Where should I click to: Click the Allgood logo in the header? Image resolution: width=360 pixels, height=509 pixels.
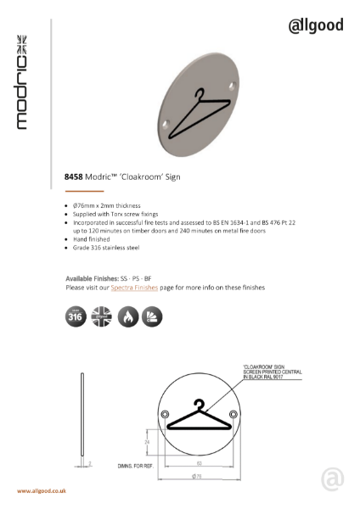tap(315, 25)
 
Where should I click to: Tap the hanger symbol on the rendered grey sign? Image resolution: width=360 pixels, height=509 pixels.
tap(200, 114)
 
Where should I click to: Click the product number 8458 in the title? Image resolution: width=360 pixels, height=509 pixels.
tap(74, 179)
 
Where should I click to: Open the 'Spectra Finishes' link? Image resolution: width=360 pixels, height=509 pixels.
tap(135, 288)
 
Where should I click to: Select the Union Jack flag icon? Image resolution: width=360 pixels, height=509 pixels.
tap(100, 317)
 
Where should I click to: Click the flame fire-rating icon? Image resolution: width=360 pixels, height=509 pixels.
tap(127, 317)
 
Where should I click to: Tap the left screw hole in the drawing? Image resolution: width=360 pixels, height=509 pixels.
tap(164, 414)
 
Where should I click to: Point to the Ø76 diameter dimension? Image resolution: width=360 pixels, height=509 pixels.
tap(197, 478)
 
